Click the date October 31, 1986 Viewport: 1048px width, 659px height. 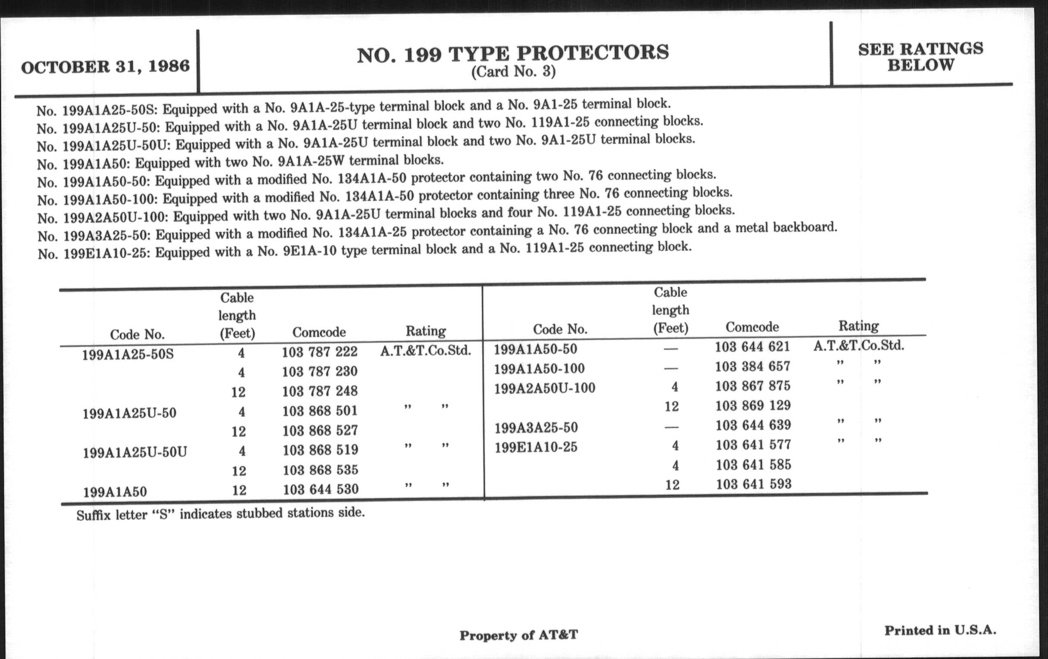click(105, 67)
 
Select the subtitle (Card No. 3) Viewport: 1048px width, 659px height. click(513, 71)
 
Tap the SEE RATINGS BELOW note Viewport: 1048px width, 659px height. click(920, 57)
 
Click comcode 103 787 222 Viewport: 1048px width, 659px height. click(319, 351)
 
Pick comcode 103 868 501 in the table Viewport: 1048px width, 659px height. click(320, 410)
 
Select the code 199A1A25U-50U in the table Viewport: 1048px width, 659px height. click(135, 452)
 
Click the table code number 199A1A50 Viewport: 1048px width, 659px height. click(115, 492)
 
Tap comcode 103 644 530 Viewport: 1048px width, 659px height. click(321, 489)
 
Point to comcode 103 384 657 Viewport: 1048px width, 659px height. click(752, 366)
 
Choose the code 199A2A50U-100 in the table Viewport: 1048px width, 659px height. click(544, 388)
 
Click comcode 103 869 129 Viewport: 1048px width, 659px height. click(753, 405)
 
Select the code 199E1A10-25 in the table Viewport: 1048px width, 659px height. click(536, 447)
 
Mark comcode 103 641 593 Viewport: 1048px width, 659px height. click(754, 484)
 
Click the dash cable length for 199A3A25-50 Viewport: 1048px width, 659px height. click(671, 427)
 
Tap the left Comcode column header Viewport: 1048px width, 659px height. click(319, 333)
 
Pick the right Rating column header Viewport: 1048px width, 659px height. click(858, 326)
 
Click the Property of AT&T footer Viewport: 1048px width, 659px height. click(518, 635)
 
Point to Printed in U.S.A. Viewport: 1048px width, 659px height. click(940, 630)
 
